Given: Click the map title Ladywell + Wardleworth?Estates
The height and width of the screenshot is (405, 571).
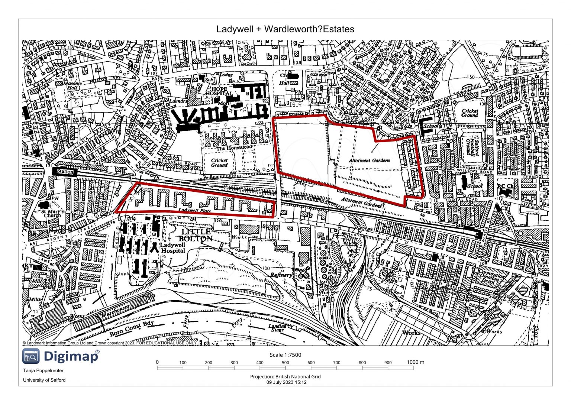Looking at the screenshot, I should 285,29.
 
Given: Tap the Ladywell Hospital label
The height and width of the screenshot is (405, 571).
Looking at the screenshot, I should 173,248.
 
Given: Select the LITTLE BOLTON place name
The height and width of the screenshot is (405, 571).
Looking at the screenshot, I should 196,235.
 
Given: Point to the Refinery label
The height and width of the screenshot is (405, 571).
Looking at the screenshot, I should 281,275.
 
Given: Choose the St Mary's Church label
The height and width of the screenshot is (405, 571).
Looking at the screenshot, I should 52,213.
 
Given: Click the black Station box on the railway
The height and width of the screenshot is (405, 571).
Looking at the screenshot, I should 65,172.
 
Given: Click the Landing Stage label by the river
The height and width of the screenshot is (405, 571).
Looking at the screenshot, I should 277,328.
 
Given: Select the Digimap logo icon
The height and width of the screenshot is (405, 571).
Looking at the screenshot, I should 30,356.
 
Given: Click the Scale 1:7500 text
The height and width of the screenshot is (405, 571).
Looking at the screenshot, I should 285,354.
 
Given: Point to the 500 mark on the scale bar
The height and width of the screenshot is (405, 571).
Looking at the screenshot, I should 285,362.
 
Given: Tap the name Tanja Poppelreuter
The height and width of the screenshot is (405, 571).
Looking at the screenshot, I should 43,370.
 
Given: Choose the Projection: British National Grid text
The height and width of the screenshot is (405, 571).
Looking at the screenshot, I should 285,376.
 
